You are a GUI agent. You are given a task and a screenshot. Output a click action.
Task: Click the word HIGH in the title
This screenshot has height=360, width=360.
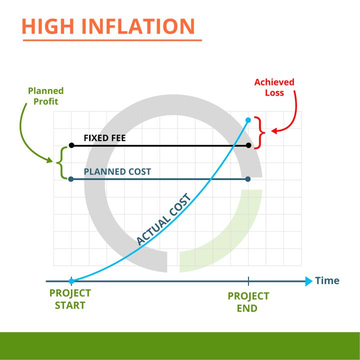coord(48,26)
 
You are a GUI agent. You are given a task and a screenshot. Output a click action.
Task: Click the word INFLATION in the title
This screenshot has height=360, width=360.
coord(138,26)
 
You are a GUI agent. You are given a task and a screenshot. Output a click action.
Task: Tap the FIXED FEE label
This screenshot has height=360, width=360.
coord(104,138)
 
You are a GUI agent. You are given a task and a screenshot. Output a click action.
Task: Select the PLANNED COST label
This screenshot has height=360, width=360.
coord(117,171)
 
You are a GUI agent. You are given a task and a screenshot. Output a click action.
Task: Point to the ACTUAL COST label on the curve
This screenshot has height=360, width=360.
coord(163,219)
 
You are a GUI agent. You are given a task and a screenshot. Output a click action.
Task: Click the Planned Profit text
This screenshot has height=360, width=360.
coord(45,96)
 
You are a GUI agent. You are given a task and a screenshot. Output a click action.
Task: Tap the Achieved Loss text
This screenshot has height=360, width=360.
coord(274,87)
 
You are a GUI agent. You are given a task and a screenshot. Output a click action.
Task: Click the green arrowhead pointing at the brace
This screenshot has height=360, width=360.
coord(50,160)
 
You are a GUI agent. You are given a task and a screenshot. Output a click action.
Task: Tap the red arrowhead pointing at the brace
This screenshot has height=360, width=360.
coord(274,131)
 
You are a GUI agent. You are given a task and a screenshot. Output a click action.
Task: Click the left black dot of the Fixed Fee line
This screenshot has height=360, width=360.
coord(71,145)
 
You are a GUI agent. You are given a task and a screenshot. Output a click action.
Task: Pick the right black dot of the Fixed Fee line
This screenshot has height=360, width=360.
coord(248,145)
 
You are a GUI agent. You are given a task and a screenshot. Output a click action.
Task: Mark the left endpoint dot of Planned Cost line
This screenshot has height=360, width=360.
coord(71,179)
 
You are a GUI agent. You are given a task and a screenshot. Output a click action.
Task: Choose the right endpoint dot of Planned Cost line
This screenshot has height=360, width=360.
coord(248,179)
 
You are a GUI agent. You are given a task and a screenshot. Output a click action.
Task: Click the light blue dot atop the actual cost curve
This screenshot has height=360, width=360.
coord(248,120)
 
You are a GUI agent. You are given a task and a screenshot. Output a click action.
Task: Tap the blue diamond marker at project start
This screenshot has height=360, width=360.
coord(71,281)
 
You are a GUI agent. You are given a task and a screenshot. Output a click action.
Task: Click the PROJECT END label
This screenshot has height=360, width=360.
coord(248,302)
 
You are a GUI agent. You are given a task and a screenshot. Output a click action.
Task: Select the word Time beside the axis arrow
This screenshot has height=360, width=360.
coord(327,280)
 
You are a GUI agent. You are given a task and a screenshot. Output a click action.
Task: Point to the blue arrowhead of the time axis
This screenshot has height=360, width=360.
coord(309,281)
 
